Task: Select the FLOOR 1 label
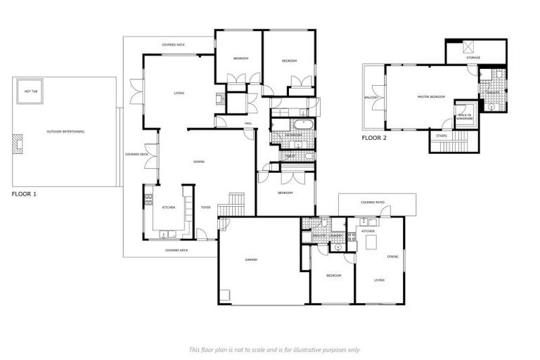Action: [24, 193]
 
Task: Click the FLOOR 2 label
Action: [374, 138]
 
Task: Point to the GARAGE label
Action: [250, 259]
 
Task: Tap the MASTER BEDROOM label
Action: [431, 96]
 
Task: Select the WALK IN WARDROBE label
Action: [465, 117]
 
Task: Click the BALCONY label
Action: [371, 97]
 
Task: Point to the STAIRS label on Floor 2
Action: [442, 135]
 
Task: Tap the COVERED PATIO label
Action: [373, 202]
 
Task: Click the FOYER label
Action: [206, 207]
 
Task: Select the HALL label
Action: [248, 124]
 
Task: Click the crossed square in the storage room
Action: [469, 47]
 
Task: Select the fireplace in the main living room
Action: [219, 99]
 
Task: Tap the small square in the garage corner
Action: [224, 295]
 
